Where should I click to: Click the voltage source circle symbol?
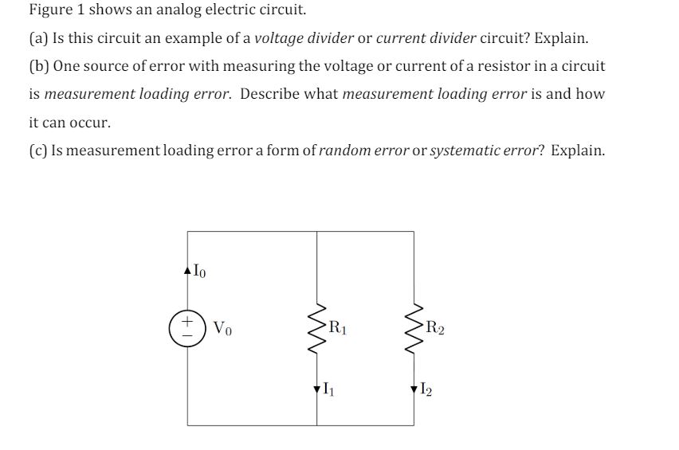188,329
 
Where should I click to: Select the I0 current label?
199,271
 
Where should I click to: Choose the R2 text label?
435,325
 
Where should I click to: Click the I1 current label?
328,389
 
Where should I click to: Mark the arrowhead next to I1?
318,389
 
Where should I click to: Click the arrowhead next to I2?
414,389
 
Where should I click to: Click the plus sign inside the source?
188,322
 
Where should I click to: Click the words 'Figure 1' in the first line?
57,10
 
